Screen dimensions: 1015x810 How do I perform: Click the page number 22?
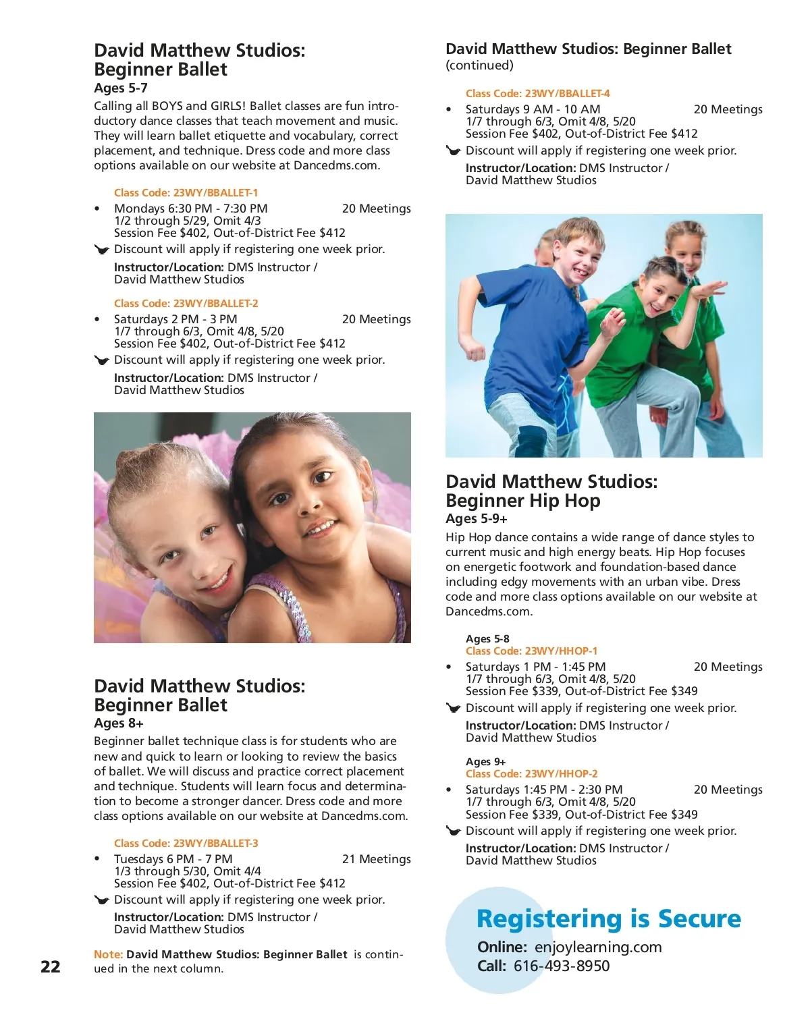click(51, 966)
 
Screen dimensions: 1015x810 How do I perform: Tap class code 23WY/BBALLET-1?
click(186, 193)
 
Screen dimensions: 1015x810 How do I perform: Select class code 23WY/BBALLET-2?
click(186, 304)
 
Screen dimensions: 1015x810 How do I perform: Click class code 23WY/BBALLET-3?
click(186, 844)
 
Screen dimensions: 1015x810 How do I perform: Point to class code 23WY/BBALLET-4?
click(537, 94)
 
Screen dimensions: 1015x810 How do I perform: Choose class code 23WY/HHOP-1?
click(531, 651)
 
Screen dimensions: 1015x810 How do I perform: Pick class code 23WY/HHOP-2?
click(531, 774)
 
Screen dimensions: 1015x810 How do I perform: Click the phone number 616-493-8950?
click(562, 966)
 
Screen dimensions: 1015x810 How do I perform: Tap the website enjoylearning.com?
click(598, 947)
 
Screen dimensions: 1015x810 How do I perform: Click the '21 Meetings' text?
click(376, 859)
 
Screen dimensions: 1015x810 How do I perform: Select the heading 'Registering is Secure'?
click(608, 919)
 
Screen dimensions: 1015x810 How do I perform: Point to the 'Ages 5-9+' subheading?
click(477, 519)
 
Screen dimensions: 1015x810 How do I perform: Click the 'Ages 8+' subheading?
click(119, 723)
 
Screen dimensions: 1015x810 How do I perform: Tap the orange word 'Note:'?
click(108, 954)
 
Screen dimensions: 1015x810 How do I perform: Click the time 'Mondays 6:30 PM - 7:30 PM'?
click(190, 209)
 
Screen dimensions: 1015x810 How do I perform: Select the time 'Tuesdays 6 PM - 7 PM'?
click(173, 859)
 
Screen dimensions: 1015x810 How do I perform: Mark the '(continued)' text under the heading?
click(479, 65)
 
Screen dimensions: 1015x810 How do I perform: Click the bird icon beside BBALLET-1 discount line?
click(101, 250)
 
